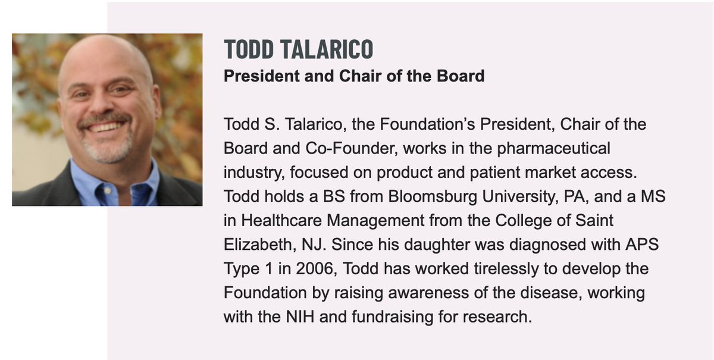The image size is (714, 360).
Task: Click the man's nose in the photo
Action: tap(104, 105)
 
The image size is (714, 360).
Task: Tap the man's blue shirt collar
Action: tap(89, 179)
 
